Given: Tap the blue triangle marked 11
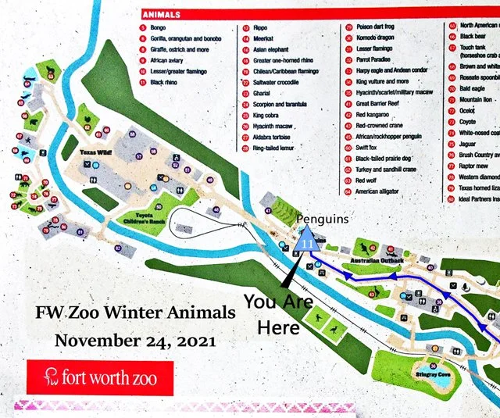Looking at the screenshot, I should click(x=307, y=239).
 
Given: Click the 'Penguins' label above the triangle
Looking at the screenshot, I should click(x=322, y=220).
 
